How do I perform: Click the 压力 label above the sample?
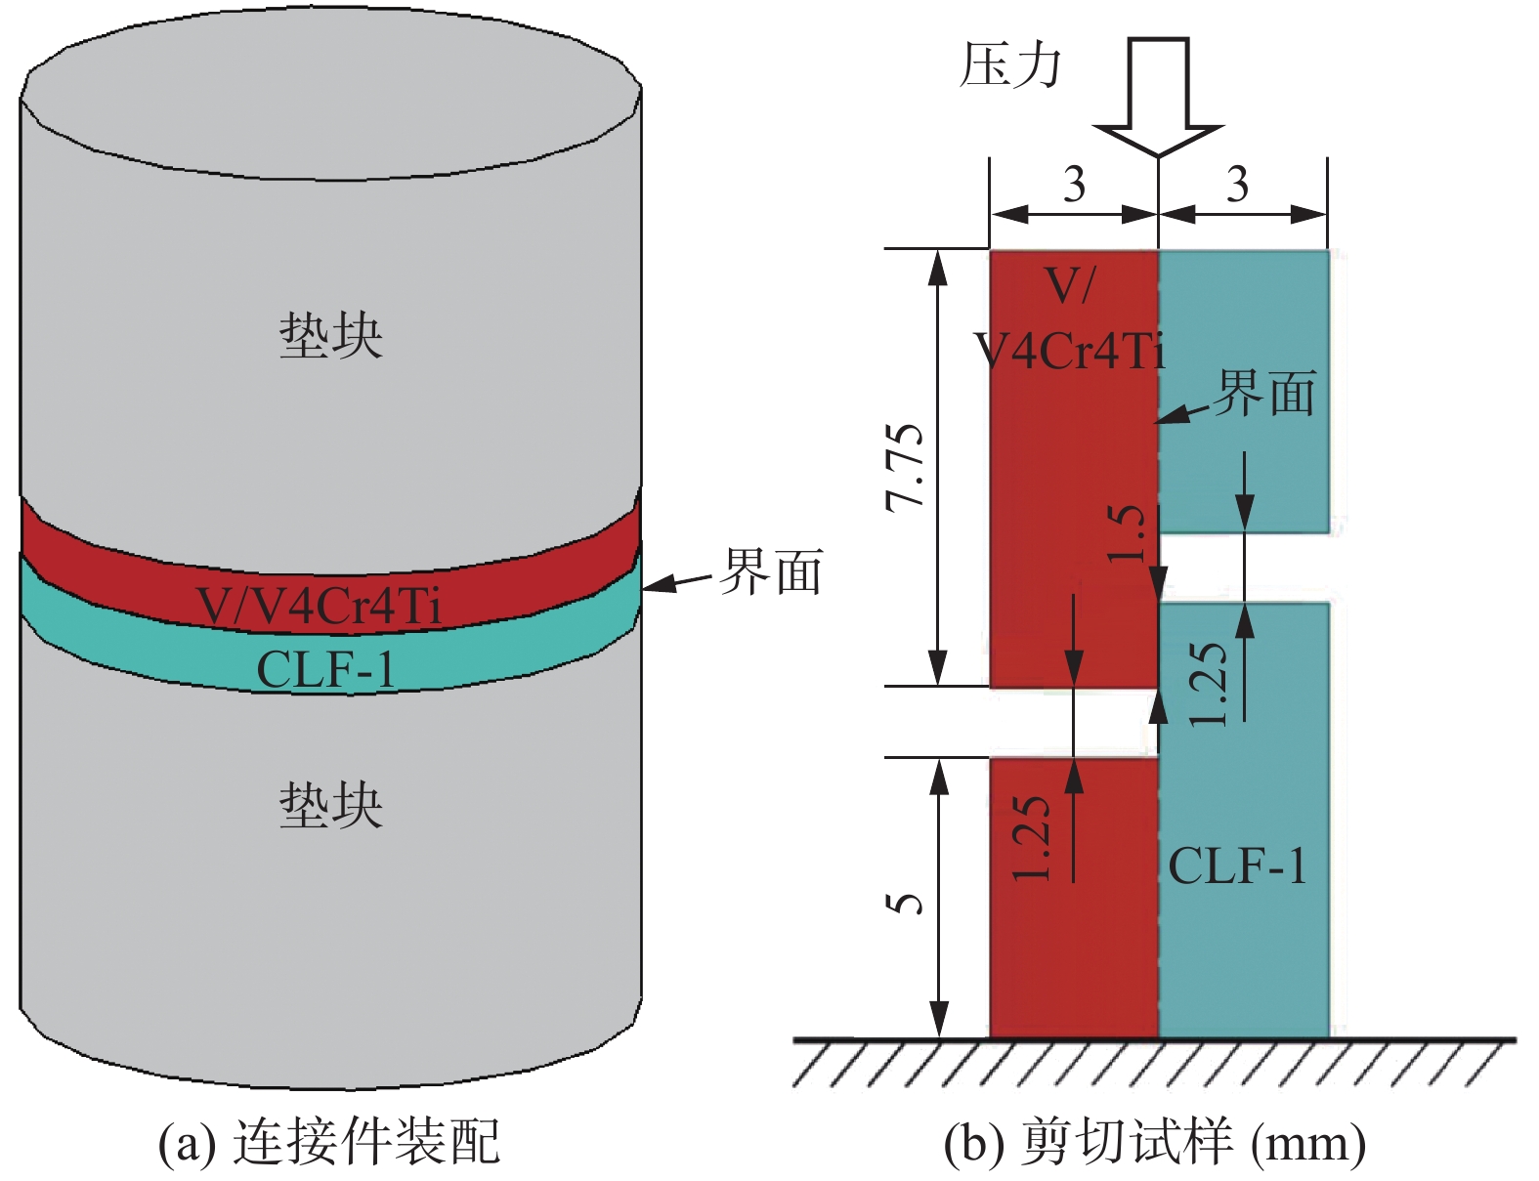1009,66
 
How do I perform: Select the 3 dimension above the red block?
1074,184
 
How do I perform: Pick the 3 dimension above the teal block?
1237,184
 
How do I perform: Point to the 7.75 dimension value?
905,467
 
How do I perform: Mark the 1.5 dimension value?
1127,532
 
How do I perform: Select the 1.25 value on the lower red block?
1033,838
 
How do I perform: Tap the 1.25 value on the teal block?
1209,684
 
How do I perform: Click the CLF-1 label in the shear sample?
1237,865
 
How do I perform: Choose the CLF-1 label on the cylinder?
325,670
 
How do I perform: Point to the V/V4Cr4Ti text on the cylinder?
319,606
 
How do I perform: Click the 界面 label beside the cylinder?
771,572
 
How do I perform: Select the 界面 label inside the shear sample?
1264,393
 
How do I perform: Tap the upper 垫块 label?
330,335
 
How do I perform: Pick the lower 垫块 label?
330,806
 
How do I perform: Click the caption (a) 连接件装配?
329,1141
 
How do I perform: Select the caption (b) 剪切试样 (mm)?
1154,1141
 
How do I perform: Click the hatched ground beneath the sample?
1153,1063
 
